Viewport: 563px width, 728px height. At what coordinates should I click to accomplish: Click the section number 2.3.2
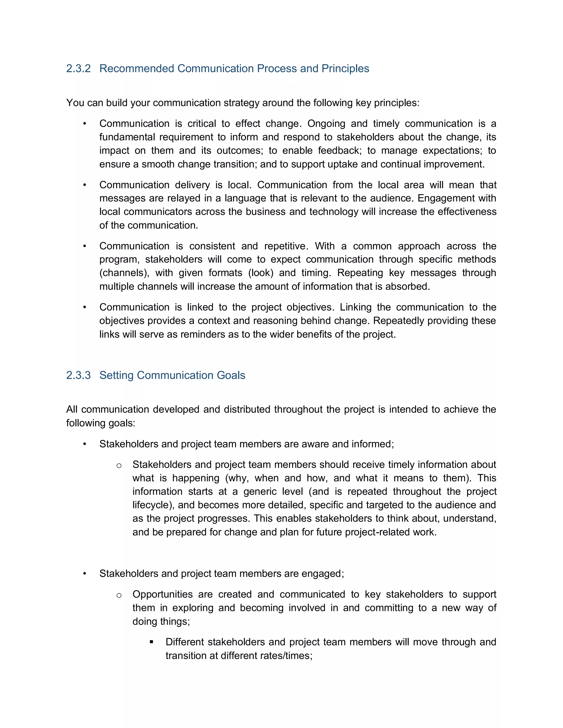(78, 68)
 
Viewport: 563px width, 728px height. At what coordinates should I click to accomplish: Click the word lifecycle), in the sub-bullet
(153, 505)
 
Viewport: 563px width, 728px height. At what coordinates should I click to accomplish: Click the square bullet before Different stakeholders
(152, 642)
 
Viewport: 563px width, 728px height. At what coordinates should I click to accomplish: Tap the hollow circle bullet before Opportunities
(119, 595)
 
